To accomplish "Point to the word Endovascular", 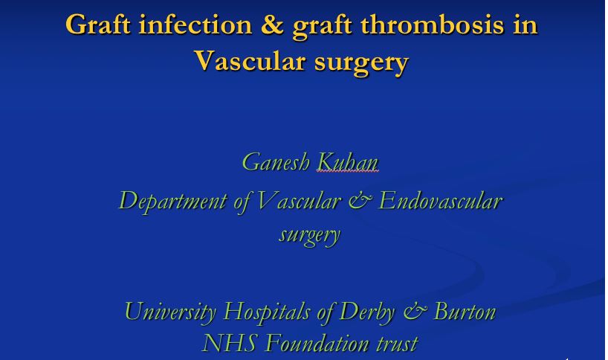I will tap(441, 201).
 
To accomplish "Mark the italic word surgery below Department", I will tap(309, 235).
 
